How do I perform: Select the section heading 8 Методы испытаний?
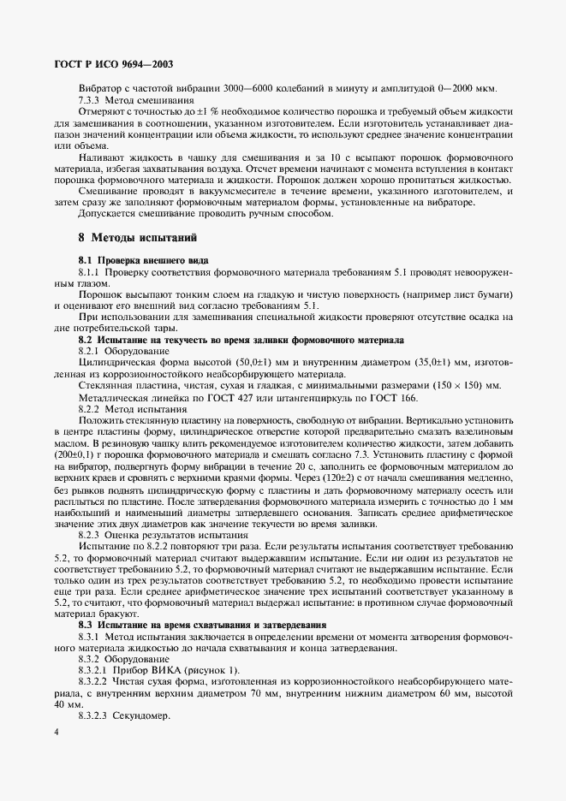point(138,236)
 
